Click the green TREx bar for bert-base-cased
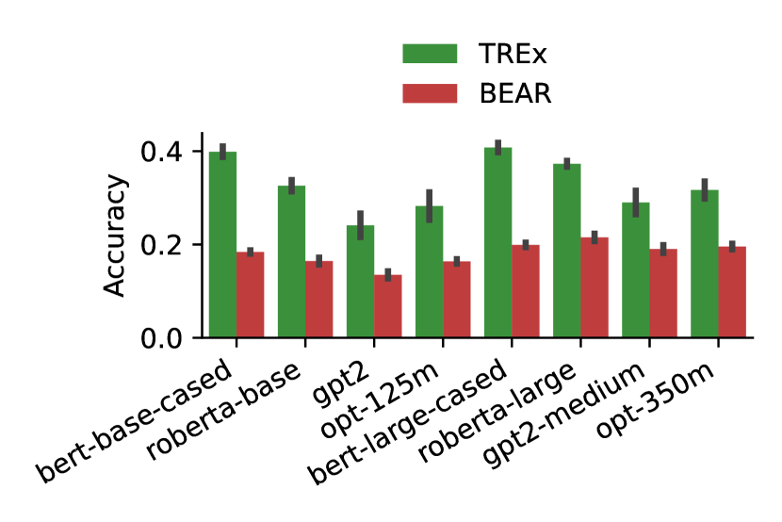click(222, 245)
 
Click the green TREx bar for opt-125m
click(430, 272)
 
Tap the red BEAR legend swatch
click(430, 93)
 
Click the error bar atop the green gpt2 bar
click(361, 225)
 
